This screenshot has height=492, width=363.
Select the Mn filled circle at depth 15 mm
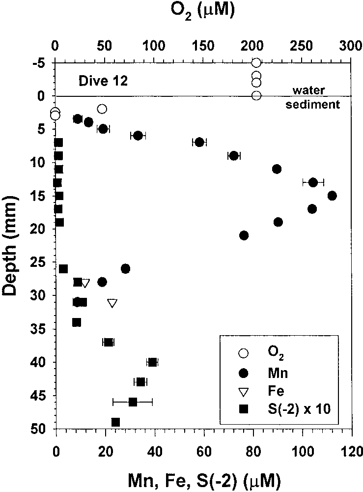(332, 196)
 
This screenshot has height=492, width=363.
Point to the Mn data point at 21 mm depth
(244, 235)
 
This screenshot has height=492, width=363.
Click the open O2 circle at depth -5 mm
(256, 62)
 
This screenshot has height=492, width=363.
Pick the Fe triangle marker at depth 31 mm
(112, 303)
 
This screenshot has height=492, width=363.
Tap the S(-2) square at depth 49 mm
(116, 422)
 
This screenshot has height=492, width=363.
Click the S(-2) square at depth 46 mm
(133, 402)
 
